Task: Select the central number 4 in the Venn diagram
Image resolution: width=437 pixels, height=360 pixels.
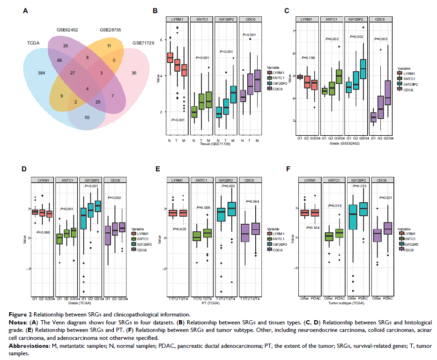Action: (87, 89)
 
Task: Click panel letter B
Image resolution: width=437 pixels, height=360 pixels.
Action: (155, 10)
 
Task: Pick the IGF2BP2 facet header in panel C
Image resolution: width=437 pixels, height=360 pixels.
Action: (356, 19)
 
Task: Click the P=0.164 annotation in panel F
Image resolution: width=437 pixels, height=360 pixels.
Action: (313, 228)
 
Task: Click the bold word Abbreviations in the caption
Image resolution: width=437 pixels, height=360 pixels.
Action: (26, 345)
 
